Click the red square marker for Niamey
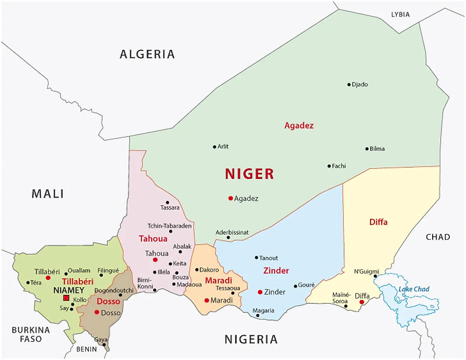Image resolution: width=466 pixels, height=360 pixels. pos(66,298)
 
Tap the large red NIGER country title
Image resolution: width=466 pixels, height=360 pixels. pos(249,174)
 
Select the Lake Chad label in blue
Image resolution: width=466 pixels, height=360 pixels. pos(414,289)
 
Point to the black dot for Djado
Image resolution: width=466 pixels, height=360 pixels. pos(349,85)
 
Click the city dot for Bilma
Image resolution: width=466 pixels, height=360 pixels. pos(367,149)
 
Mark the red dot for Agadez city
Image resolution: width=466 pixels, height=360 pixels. pos(231,198)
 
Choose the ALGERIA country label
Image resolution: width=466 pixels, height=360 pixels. pos(147,54)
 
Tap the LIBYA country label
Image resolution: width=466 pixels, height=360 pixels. pos(400,15)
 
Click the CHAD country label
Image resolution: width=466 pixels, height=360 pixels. pos(438,237)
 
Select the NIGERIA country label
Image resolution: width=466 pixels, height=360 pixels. pos(251,340)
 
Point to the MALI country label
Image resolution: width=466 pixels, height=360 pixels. pos(48,194)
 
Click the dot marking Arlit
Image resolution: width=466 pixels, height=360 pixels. pos(214,147)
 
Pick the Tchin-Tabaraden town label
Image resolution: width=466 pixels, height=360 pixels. pos(170,226)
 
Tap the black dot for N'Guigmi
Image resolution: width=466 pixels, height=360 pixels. pos(375,276)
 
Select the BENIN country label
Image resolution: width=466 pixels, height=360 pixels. pos(86,349)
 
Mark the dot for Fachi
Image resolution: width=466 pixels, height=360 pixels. pos(329,166)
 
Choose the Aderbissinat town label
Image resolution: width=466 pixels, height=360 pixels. pos(232,232)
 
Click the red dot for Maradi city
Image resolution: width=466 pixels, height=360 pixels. pos(207,300)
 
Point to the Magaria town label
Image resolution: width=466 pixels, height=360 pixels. pos(263,311)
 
